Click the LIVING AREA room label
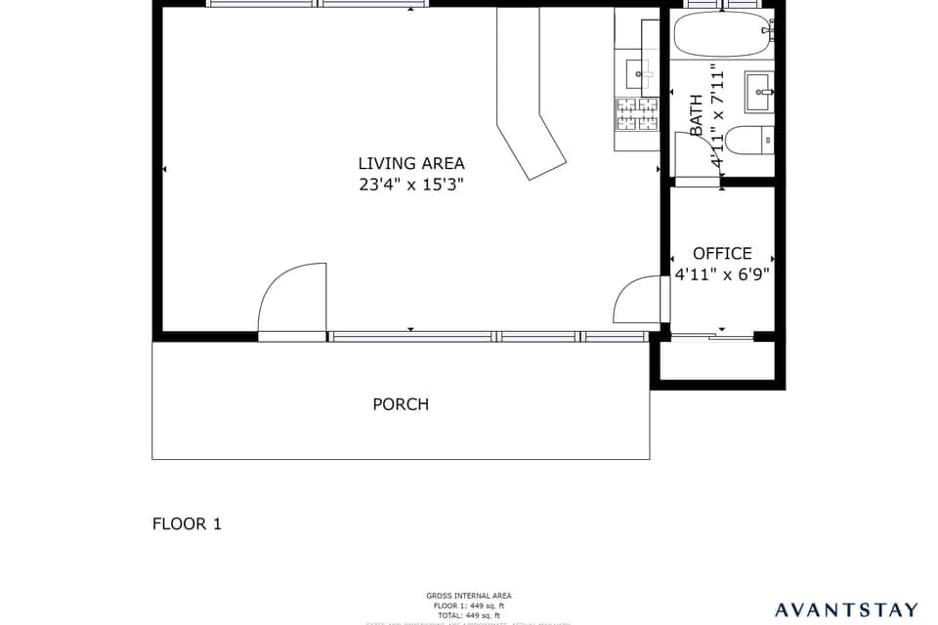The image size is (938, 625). click(410, 164)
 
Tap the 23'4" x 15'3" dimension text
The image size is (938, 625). click(410, 185)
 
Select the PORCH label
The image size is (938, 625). click(401, 404)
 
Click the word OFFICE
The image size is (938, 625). click(722, 254)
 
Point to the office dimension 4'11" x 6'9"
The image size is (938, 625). click(722, 274)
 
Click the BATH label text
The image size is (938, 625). click(697, 114)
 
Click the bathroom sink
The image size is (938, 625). click(758, 92)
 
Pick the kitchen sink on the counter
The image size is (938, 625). click(640, 71)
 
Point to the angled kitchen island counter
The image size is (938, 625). click(528, 98)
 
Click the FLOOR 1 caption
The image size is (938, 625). click(187, 523)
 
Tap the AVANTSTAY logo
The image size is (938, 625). click(846, 610)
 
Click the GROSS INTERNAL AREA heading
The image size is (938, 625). click(468, 596)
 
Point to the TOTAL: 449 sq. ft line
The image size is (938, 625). click(468, 615)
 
